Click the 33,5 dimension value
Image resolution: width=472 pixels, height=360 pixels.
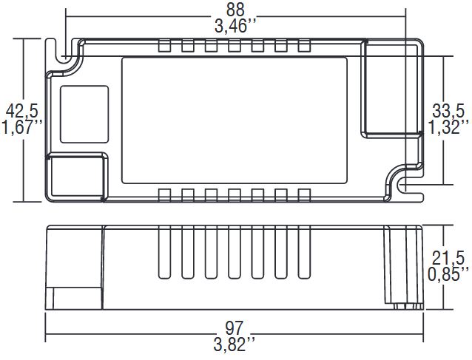448,112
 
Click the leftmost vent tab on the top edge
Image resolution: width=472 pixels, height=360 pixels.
165,47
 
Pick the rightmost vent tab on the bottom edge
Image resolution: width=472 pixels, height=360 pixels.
303,194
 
